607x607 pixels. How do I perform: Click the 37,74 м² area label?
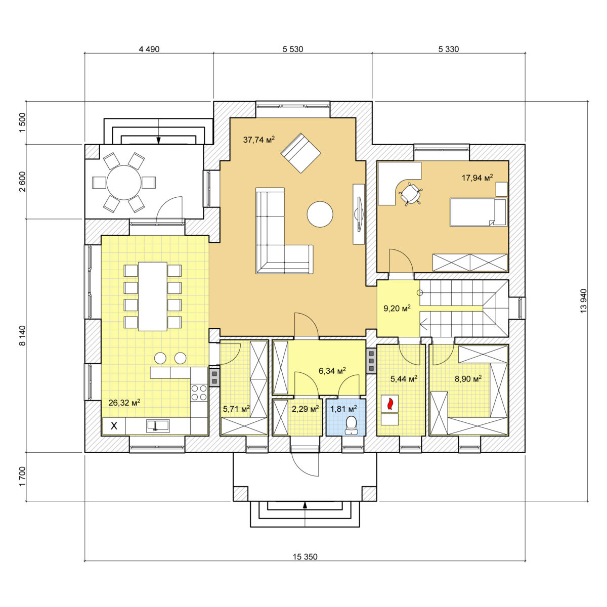258,140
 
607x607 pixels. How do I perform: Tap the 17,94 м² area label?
477,178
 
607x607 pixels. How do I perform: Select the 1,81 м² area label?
343,409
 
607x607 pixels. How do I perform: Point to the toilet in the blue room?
351,425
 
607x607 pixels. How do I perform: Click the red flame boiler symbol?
389,404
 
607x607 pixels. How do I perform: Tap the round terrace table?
124,183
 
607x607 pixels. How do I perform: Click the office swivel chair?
410,194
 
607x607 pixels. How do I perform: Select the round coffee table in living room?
320,214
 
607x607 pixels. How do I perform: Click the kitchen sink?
158,425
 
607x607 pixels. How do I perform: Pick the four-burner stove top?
199,393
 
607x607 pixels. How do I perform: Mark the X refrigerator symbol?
114,426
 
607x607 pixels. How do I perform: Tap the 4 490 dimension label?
149,49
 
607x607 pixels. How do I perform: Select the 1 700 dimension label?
22,476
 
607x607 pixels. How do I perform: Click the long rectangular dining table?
153,296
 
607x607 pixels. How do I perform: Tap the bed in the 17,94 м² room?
478,212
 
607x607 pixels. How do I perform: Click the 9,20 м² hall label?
397,308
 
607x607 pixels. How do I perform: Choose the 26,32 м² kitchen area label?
124,402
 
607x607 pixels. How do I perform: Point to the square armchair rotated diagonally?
300,153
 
